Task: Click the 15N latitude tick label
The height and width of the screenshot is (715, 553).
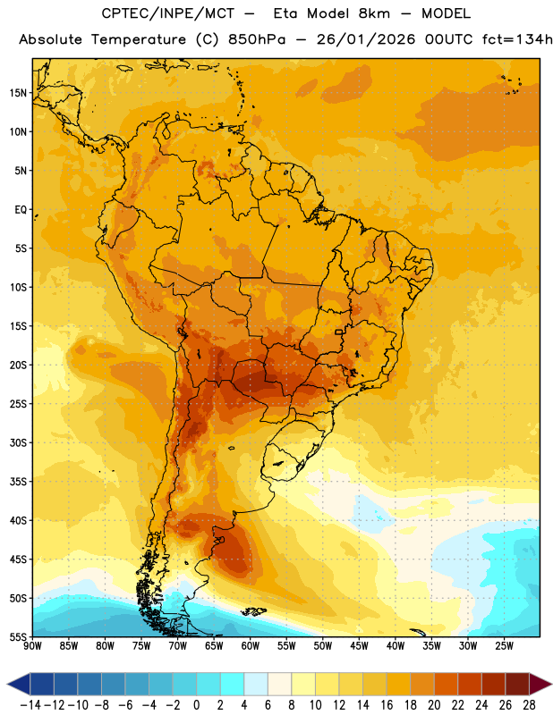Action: point(18,93)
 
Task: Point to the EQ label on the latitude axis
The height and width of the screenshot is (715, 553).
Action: point(21,210)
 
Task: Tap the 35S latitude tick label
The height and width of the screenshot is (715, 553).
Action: point(18,482)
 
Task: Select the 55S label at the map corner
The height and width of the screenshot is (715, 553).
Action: point(18,636)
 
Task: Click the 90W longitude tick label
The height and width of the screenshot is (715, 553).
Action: point(32,646)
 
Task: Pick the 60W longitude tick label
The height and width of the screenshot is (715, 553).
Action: point(251,646)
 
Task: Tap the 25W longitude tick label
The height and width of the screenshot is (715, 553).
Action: point(504,646)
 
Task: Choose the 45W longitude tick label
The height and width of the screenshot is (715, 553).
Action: point(359,646)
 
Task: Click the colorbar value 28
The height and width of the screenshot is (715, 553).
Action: point(529,705)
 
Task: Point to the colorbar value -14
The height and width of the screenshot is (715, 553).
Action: point(30,705)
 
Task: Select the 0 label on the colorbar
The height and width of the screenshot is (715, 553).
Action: point(196,705)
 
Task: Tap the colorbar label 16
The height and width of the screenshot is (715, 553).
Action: point(387,705)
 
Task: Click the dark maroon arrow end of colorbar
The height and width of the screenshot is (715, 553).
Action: point(540,684)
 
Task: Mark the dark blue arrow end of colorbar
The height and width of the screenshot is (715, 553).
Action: point(19,684)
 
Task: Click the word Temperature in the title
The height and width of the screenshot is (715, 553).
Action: point(139,39)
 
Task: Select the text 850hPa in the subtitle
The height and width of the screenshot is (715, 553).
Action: point(257,39)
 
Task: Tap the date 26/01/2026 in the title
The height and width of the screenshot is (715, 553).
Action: point(366,39)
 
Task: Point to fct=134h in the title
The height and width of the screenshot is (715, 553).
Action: point(517,39)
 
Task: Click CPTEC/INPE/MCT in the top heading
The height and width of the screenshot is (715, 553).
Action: point(168,13)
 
